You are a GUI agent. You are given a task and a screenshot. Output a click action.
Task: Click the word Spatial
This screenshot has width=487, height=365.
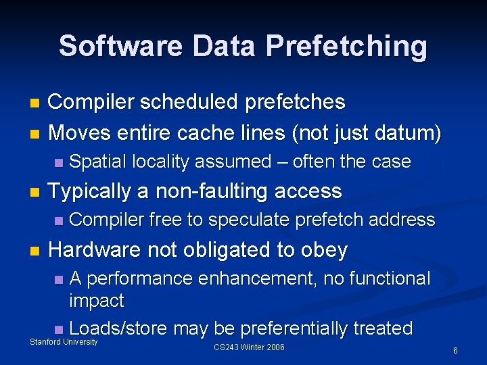tap(98, 162)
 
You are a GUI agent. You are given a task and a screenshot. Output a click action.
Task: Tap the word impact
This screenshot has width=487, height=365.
tap(97, 300)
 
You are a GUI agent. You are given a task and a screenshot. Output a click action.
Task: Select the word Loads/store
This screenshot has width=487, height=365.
tap(119, 328)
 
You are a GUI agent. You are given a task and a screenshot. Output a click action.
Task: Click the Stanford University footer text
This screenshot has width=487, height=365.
tap(64, 342)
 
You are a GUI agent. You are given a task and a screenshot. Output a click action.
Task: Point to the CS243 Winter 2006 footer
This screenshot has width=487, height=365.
tap(249, 347)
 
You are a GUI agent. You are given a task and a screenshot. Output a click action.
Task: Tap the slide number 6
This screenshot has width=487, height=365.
tap(455, 351)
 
